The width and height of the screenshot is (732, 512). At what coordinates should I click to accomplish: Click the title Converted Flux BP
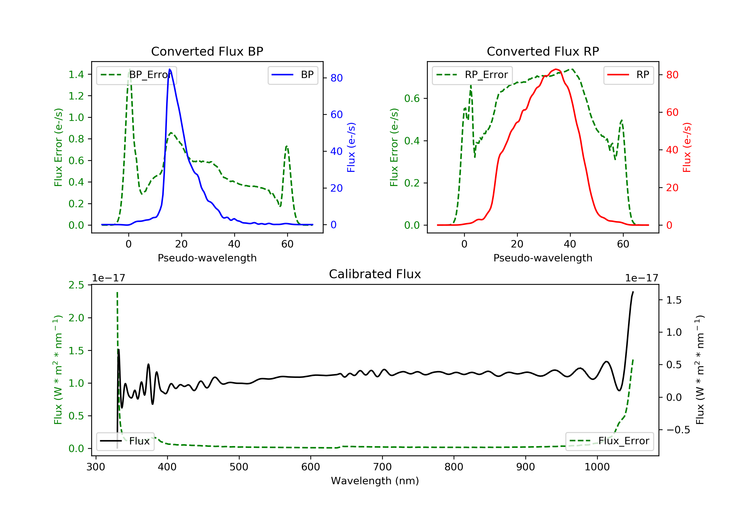tap(207, 51)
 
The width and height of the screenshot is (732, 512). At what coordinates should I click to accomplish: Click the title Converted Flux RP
tap(543, 51)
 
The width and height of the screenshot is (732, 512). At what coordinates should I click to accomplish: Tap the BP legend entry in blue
tap(293, 75)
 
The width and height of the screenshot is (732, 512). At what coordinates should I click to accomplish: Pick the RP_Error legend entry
tap(472, 75)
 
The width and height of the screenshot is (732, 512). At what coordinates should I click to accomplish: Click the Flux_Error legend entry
tap(609, 441)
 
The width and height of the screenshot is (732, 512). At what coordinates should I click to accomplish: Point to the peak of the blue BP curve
tap(170, 69)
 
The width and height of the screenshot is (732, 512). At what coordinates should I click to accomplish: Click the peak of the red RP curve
tap(556, 69)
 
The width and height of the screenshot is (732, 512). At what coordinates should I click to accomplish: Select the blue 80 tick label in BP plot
tap(336, 78)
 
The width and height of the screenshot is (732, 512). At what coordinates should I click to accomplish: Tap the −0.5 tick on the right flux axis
tap(674, 430)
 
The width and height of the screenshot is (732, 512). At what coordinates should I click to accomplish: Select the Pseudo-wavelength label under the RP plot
tap(543, 258)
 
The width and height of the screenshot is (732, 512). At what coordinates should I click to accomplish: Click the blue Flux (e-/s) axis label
tap(351, 147)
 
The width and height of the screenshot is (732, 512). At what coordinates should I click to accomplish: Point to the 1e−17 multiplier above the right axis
tap(641, 278)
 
